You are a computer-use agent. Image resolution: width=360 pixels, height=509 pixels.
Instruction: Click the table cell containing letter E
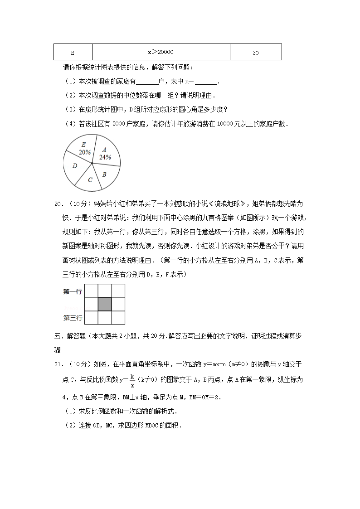[x=73, y=52]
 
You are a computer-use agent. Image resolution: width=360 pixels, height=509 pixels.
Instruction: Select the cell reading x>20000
[x=161, y=52]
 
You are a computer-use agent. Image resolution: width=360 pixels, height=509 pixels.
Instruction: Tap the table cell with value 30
[x=256, y=52]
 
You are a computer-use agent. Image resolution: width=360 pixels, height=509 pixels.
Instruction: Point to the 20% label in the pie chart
[x=84, y=152]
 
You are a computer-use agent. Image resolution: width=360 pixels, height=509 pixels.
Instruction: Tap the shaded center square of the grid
[x=105, y=304]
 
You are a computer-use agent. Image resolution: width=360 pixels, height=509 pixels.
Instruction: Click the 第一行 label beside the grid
[x=72, y=291]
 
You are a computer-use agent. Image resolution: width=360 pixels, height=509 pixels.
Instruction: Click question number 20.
[x=59, y=204]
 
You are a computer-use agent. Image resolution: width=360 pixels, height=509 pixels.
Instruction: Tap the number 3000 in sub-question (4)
[x=118, y=124]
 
